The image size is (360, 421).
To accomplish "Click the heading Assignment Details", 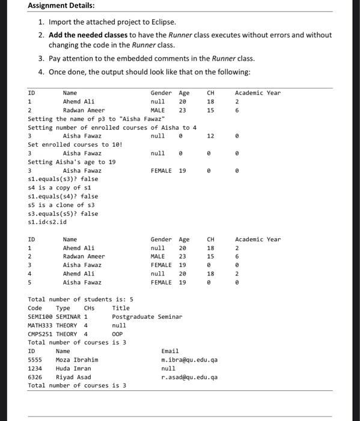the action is coord(61,5).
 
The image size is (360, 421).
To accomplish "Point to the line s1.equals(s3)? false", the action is coord(63,179).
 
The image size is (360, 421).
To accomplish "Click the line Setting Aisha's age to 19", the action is coord(72,162).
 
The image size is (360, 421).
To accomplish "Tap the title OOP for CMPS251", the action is coord(117,334).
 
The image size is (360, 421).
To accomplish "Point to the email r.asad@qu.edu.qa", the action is coord(189,377).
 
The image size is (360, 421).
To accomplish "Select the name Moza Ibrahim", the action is coord(77,360).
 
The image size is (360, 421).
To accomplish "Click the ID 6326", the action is coord(35,377).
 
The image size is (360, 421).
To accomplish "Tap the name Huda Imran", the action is coord(73,368).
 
